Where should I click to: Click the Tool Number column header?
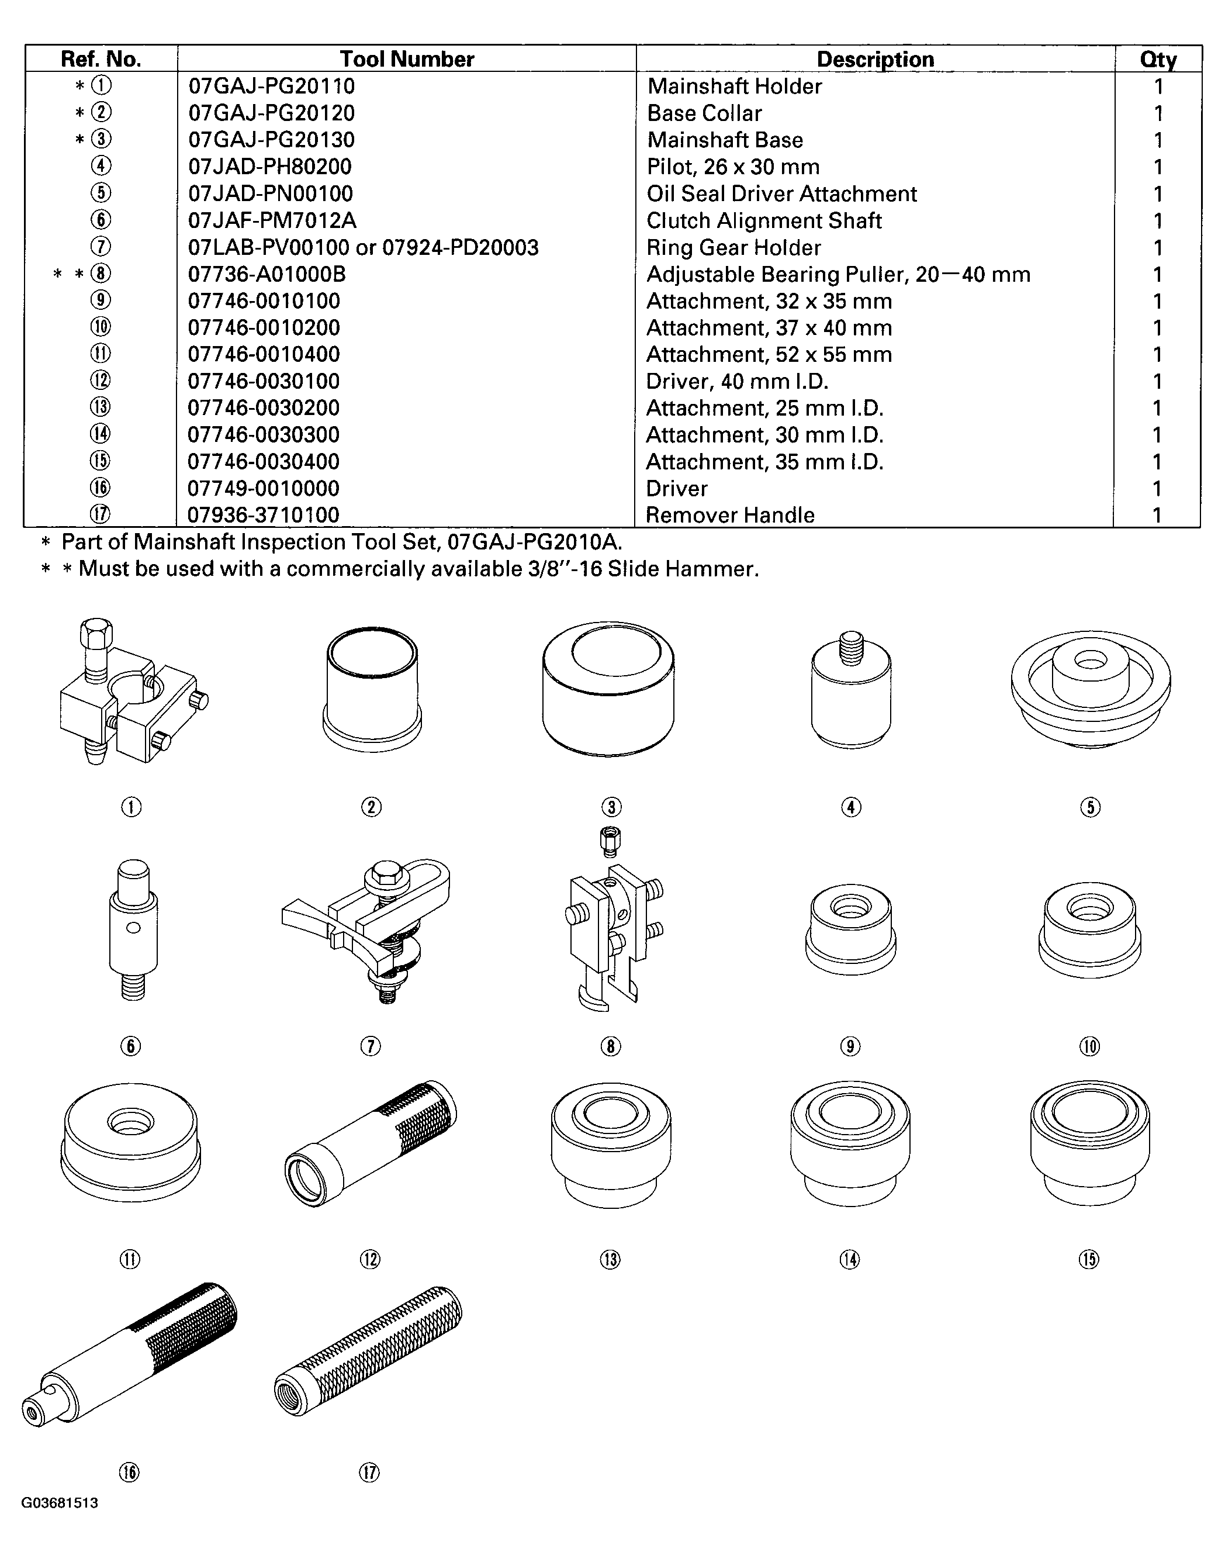point(407,59)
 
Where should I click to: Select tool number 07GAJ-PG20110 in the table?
point(271,86)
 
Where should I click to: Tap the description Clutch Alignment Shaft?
point(764,220)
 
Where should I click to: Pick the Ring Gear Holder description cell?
point(733,247)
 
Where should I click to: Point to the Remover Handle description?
point(729,515)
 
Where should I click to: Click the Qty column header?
point(1158,59)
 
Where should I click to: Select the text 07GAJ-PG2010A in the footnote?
point(534,541)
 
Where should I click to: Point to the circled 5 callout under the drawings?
point(1089,807)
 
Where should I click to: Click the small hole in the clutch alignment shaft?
point(133,929)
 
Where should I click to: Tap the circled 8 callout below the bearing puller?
point(610,1046)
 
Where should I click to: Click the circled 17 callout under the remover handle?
point(369,1473)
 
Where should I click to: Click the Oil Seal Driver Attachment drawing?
point(1090,689)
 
